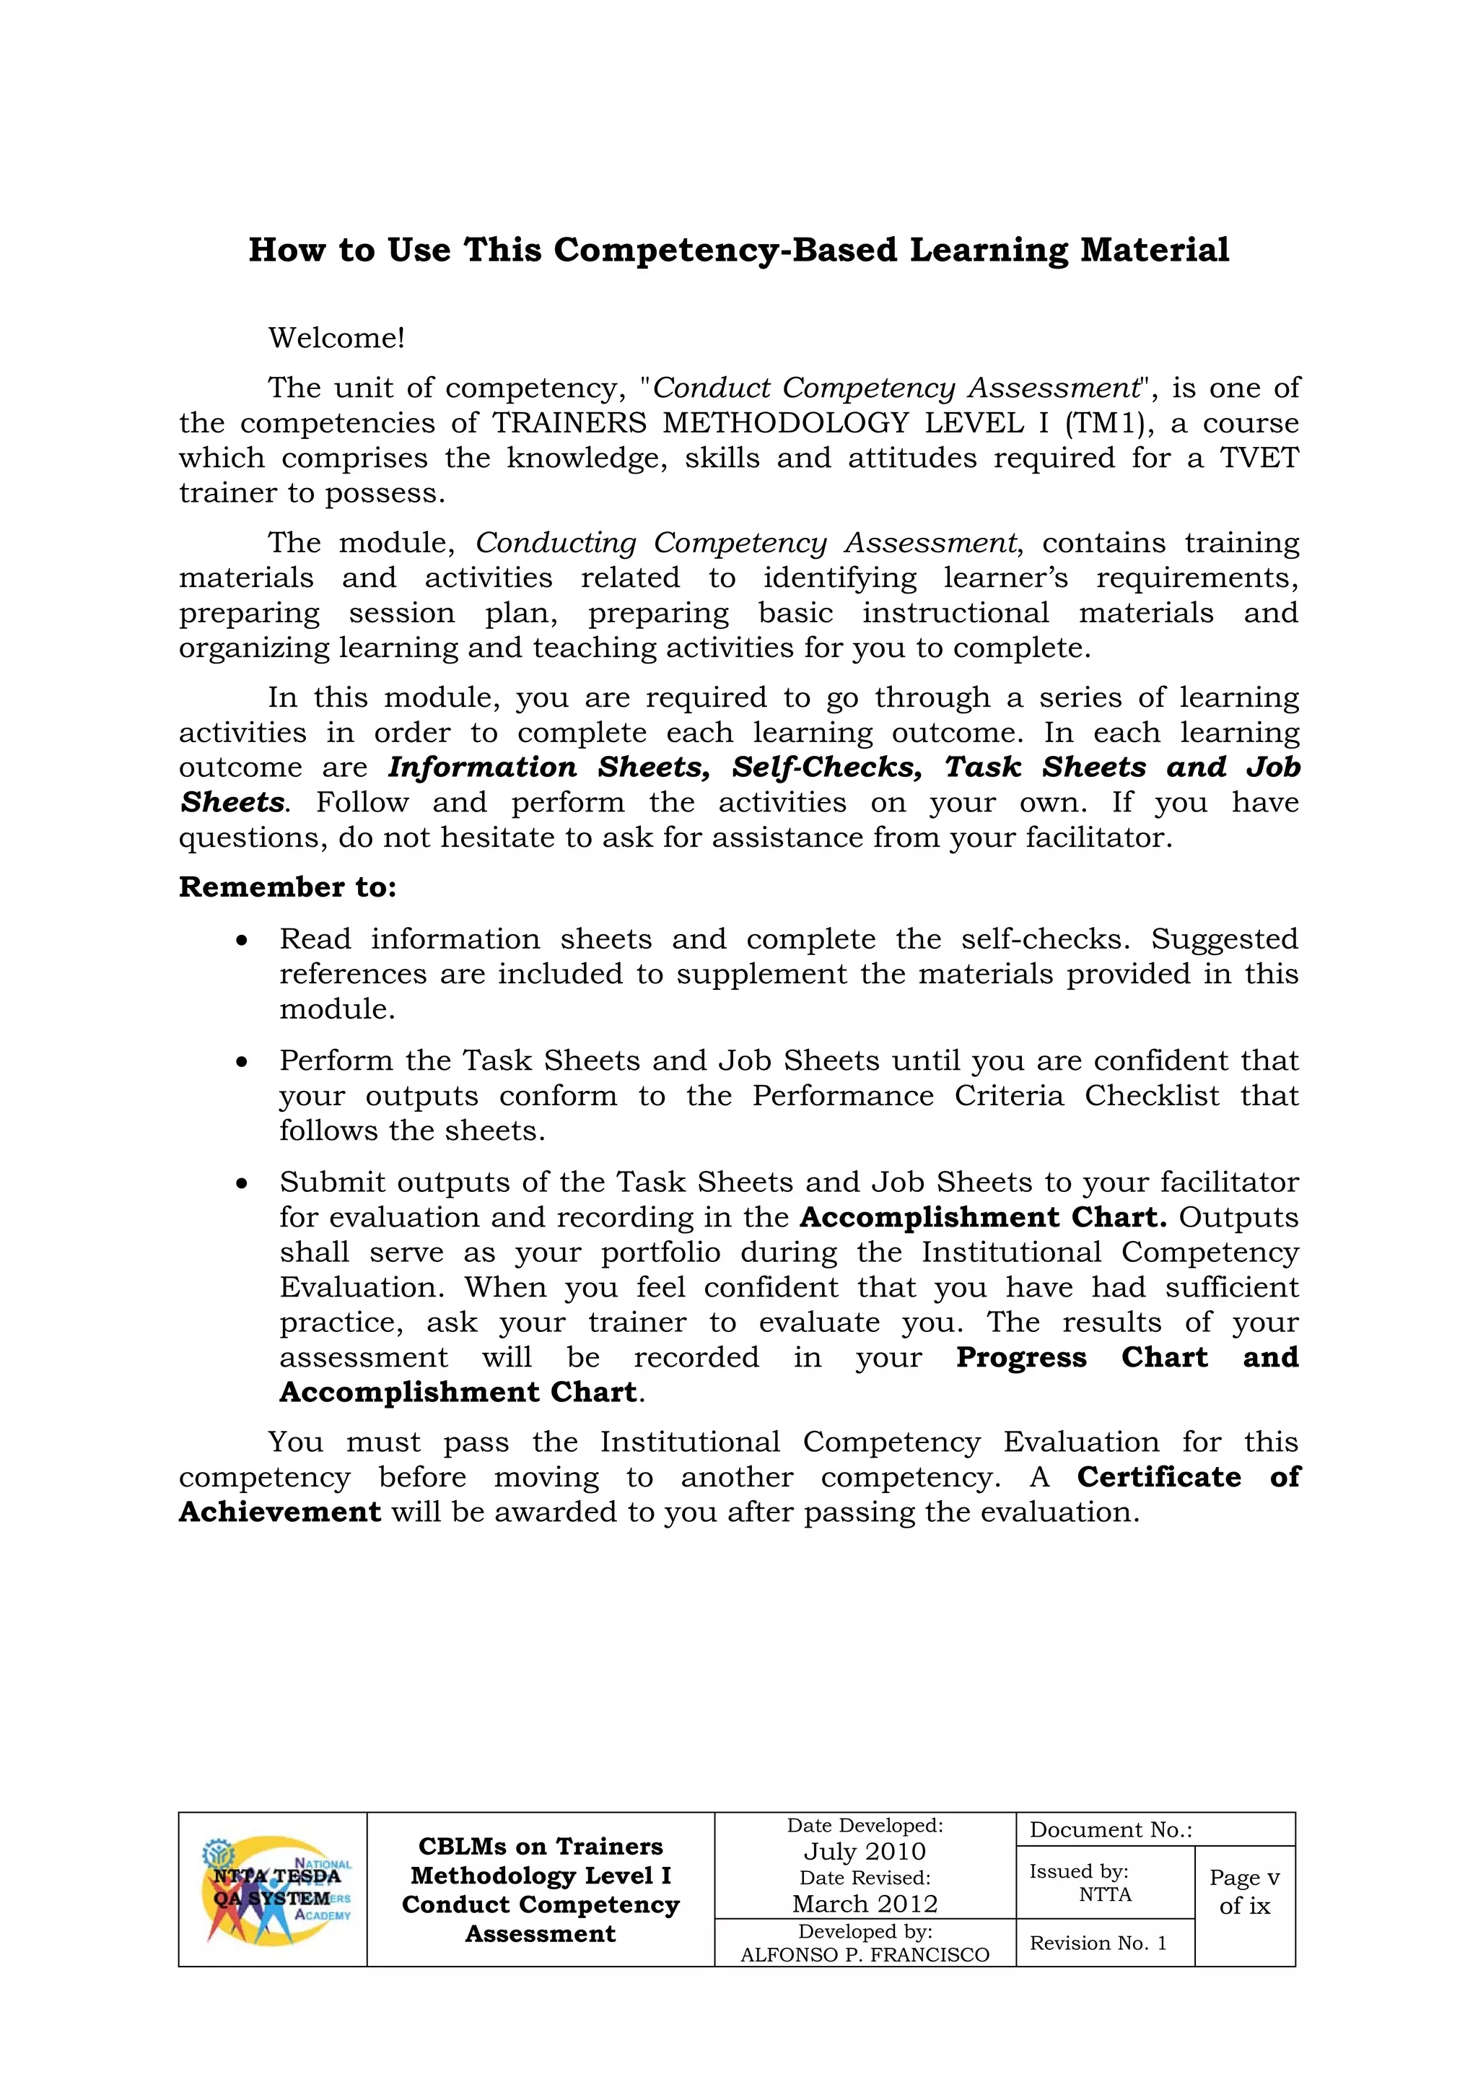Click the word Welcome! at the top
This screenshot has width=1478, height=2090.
(336, 338)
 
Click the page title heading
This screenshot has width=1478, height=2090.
(738, 251)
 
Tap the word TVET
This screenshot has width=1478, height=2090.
(1259, 458)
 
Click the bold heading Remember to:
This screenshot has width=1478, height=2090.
(288, 887)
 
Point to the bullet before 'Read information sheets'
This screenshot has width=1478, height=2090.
(241, 940)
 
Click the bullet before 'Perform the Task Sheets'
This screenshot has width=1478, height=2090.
(241, 1061)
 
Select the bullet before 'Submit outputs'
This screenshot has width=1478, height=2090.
(241, 1183)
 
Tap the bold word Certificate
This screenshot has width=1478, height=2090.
(1158, 1476)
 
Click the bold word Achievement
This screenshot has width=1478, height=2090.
(279, 1511)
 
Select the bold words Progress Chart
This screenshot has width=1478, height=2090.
(1081, 1357)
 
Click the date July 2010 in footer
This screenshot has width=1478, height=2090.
(864, 1852)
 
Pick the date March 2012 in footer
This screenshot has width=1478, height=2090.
(864, 1904)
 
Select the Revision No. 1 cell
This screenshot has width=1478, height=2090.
(1098, 1943)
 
